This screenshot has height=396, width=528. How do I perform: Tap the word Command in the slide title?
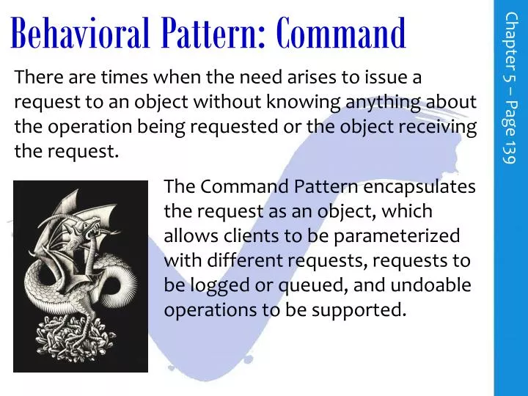pos(342,32)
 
